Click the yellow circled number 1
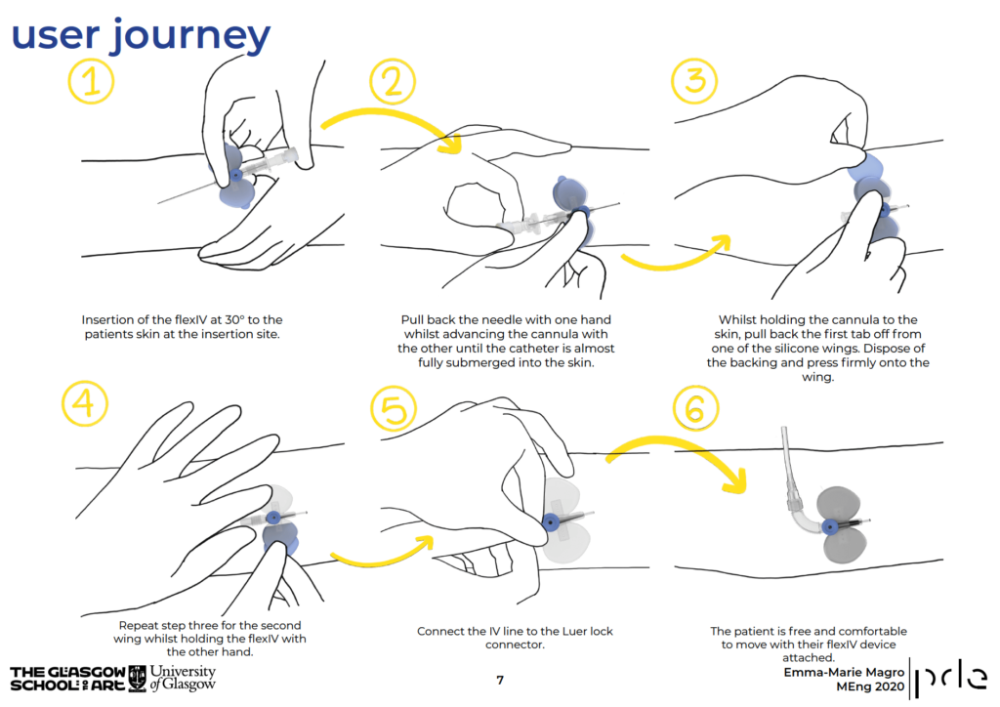[x=92, y=82]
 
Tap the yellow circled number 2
[x=392, y=82]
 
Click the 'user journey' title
[x=141, y=35]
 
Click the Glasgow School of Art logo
[x=67, y=679]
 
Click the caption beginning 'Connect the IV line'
[x=515, y=638]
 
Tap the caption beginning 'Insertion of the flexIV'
[x=182, y=326]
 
